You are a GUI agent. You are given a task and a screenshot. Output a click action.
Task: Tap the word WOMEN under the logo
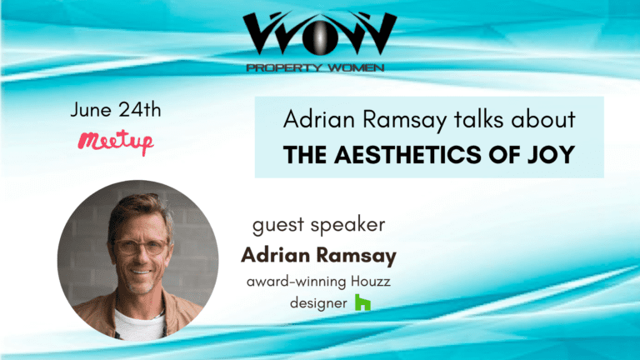point(356,67)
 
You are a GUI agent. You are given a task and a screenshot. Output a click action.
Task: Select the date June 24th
point(116,110)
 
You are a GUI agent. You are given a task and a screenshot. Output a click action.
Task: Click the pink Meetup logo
point(116,142)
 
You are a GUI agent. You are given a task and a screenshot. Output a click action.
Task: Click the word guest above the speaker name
point(279,225)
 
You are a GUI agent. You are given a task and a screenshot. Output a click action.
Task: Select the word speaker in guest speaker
point(347,225)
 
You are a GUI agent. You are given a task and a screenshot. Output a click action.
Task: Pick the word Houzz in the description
point(371,281)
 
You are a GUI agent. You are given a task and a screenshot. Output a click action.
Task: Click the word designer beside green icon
point(318,303)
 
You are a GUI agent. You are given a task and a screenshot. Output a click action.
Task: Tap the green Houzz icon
point(362,302)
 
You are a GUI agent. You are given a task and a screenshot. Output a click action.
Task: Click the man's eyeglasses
point(140,247)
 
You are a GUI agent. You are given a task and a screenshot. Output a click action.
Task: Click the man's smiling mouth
point(141,272)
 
